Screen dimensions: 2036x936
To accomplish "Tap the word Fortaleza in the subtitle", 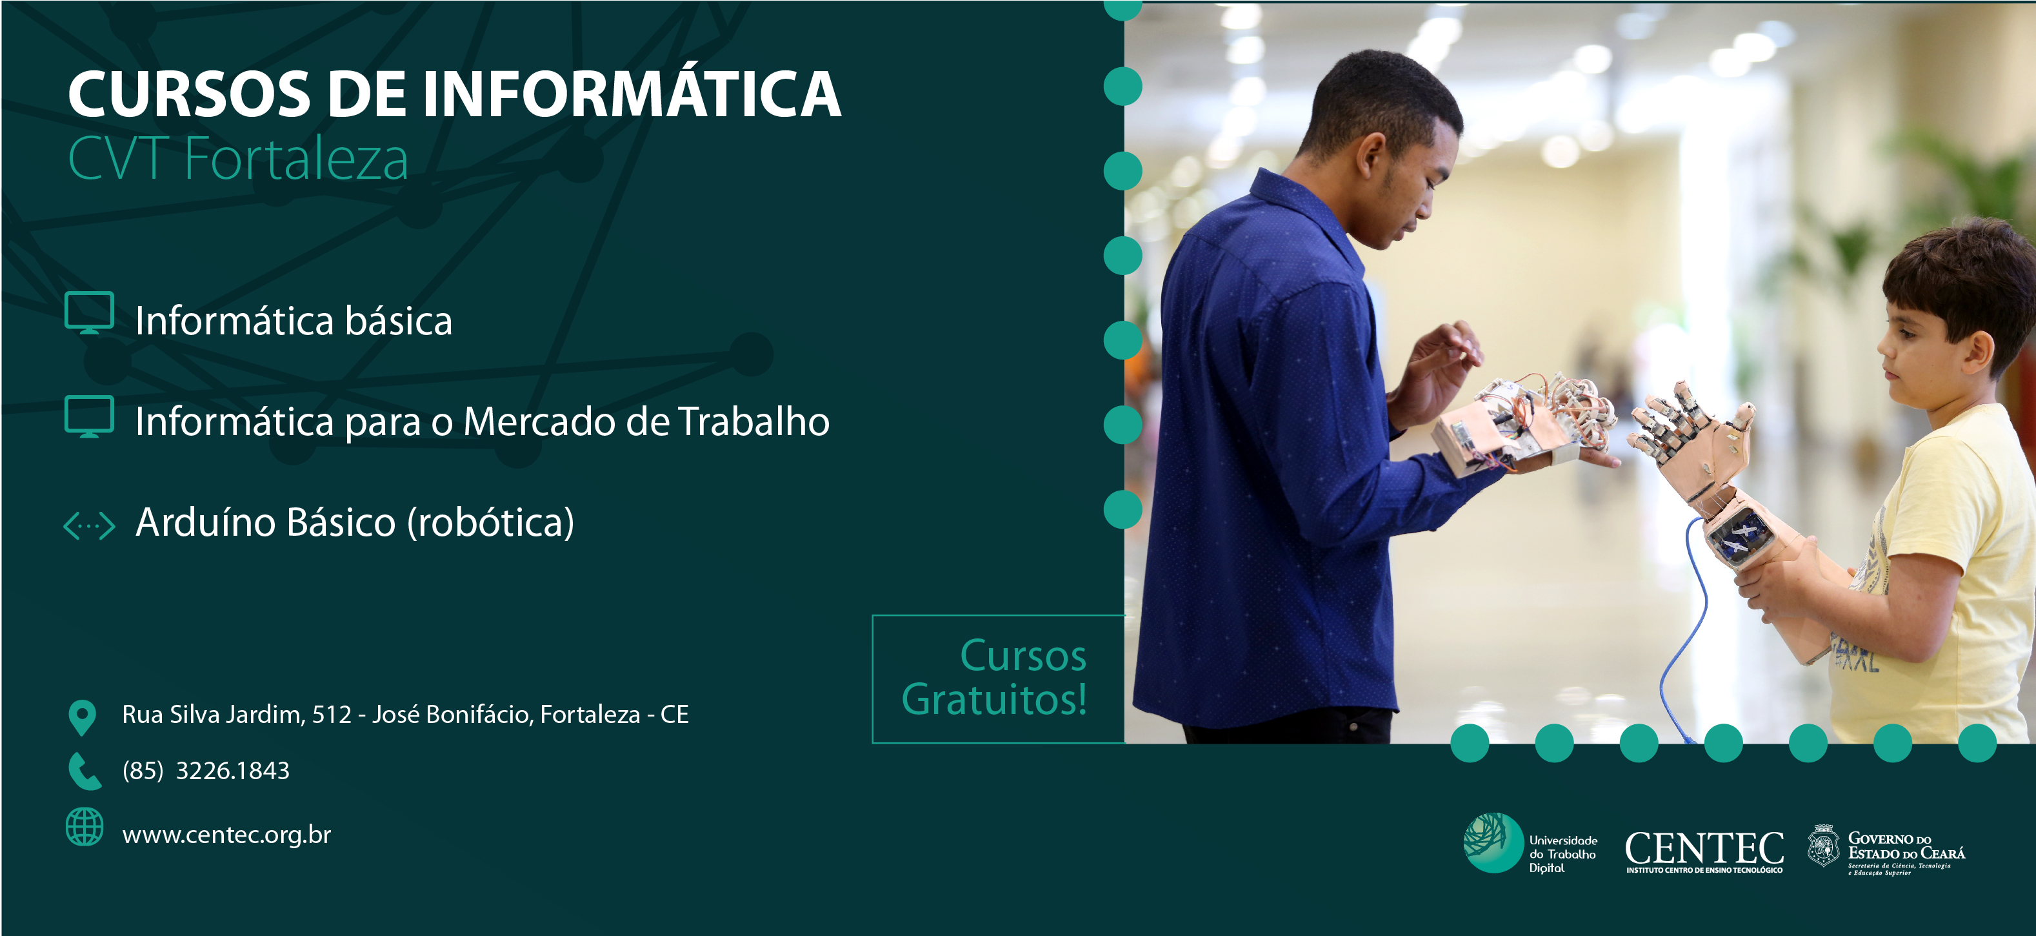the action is (296, 158).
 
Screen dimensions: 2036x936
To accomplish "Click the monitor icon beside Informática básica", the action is (89, 313).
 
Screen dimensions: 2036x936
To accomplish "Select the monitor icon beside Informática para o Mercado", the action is (89, 416).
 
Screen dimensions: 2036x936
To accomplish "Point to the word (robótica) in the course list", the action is (491, 523).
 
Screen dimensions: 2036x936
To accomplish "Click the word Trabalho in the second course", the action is (754, 421).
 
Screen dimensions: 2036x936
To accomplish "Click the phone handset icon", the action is (85, 771).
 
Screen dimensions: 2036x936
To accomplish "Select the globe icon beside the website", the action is (85, 827).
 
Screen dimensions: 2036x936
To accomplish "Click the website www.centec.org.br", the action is (227, 835).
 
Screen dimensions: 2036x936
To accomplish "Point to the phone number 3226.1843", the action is (232, 771).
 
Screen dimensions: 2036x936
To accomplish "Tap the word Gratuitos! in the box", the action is (994, 700).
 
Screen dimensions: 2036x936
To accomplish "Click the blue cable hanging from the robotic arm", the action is (1684, 624).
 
